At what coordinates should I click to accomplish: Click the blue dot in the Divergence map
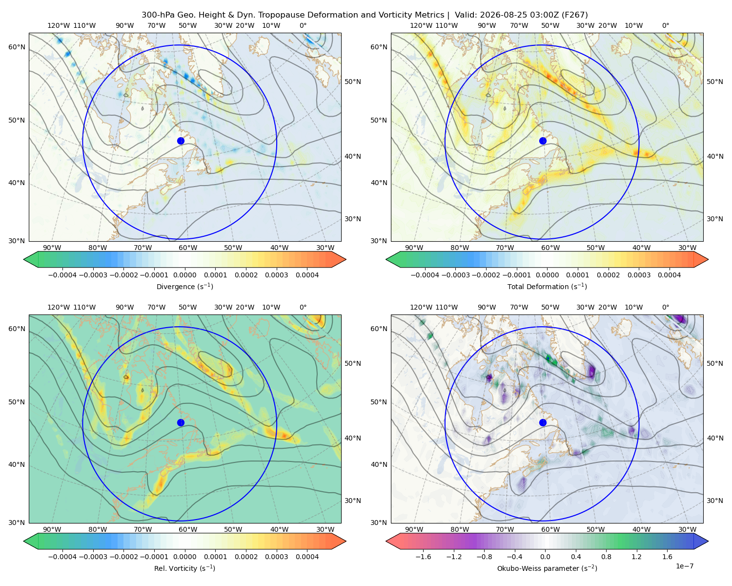pyautogui.click(x=181, y=141)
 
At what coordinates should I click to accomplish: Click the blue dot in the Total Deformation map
pyautogui.click(x=543, y=141)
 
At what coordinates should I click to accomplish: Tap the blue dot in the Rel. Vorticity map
pyautogui.click(x=181, y=422)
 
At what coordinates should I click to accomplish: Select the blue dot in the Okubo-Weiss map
pyautogui.click(x=543, y=422)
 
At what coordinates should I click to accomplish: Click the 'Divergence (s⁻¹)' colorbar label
pyautogui.click(x=184, y=286)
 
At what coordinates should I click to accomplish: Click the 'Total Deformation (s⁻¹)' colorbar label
pyautogui.click(x=547, y=286)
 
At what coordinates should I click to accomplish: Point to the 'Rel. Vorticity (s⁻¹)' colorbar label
pyautogui.click(x=184, y=568)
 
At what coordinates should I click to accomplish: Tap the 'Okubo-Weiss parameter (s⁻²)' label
pyautogui.click(x=547, y=568)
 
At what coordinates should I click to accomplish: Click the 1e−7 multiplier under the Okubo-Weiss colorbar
pyautogui.click(x=684, y=566)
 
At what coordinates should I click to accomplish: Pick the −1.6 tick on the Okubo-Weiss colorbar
pyautogui.click(x=423, y=556)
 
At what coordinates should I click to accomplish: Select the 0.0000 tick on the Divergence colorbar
pyautogui.click(x=184, y=275)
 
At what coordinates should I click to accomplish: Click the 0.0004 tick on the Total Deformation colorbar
pyautogui.click(x=669, y=275)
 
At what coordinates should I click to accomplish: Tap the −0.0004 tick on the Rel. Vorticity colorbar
pyautogui.click(x=62, y=556)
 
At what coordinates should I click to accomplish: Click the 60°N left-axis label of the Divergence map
pyautogui.click(x=17, y=47)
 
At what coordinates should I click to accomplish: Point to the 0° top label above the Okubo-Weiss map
pyautogui.click(x=665, y=307)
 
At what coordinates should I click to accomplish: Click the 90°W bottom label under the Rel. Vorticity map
pyautogui.click(x=52, y=529)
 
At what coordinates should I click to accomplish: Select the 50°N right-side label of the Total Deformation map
pyautogui.click(x=715, y=82)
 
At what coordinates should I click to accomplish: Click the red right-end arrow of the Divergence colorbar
pyautogui.click(x=339, y=259)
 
